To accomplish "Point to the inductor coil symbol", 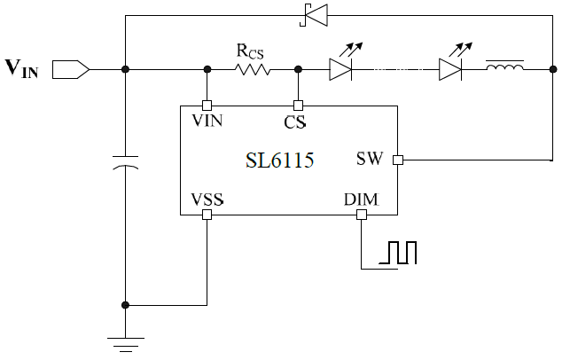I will [504, 66].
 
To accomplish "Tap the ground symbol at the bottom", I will [126, 341].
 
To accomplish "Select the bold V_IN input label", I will [23, 67].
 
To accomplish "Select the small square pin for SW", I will [398, 160].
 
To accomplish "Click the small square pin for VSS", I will [207, 215].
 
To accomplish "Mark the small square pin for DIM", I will [361, 215].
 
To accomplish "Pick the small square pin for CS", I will [298, 105].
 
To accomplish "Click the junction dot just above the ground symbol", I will [126, 305].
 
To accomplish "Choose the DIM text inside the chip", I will [361, 200].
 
